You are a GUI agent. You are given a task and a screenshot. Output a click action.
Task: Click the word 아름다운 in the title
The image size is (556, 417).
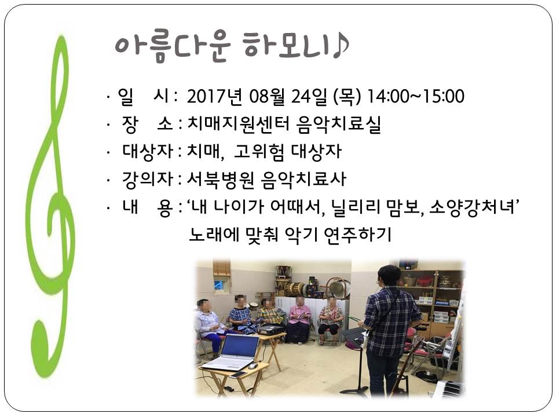173,46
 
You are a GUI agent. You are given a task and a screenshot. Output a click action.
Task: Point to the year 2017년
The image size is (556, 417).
214,97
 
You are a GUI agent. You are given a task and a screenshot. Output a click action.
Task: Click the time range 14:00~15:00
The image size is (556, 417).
416,97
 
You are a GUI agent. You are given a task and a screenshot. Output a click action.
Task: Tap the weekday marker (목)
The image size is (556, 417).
347,97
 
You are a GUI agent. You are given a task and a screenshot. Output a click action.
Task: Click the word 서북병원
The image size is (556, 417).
220,179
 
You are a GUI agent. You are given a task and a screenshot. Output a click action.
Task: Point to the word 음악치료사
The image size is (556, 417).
303,179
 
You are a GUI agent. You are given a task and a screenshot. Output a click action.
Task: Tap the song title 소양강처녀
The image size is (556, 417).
472,207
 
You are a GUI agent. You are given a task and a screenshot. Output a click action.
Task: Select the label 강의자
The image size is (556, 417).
148,179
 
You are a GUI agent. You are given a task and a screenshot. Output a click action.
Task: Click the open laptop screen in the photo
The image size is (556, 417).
240,346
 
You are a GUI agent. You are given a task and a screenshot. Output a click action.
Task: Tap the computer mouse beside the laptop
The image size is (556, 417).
253,366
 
